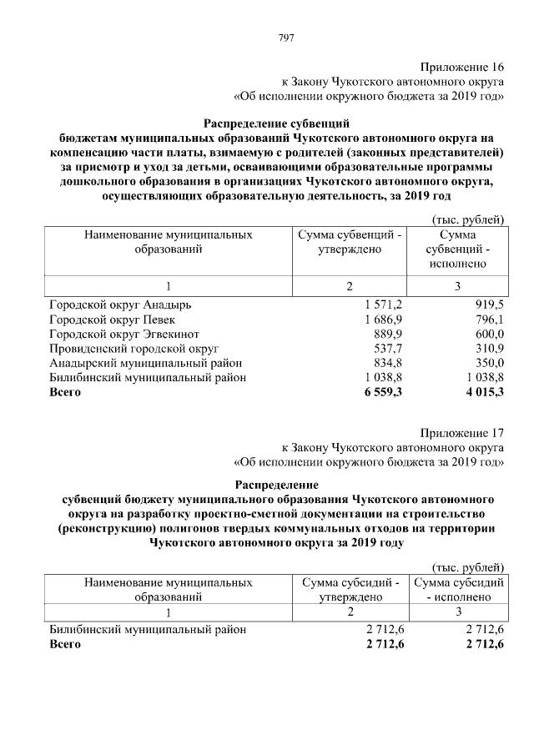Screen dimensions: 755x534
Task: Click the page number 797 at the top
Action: click(285, 38)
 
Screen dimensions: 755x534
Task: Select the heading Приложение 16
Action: click(463, 67)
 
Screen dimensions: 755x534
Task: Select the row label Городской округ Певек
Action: click(112, 320)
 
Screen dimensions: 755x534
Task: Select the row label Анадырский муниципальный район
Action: click(145, 363)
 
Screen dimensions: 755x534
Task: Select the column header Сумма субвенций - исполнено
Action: click(458, 249)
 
